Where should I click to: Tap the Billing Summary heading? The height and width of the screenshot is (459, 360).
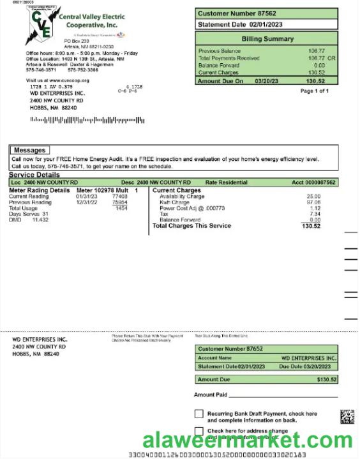click(267, 38)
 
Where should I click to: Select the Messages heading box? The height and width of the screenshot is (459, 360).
click(29, 150)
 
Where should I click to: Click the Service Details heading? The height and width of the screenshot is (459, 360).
click(34, 175)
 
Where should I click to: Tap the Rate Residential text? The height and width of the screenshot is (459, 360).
click(226, 183)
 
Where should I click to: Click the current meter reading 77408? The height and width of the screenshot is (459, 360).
click(119, 197)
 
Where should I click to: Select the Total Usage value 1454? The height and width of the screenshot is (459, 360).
click(121, 208)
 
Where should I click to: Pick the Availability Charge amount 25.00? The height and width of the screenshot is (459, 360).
click(313, 197)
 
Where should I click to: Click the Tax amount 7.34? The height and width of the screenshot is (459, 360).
click(315, 214)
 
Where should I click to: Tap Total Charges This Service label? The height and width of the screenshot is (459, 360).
click(191, 226)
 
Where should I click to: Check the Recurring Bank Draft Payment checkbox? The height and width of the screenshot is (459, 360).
click(199, 414)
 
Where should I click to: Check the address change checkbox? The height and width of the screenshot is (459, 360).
click(199, 432)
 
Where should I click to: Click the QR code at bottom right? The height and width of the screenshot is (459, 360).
click(347, 417)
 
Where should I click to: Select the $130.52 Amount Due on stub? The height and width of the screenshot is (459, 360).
click(326, 379)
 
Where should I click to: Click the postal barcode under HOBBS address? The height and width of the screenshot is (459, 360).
click(87, 120)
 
